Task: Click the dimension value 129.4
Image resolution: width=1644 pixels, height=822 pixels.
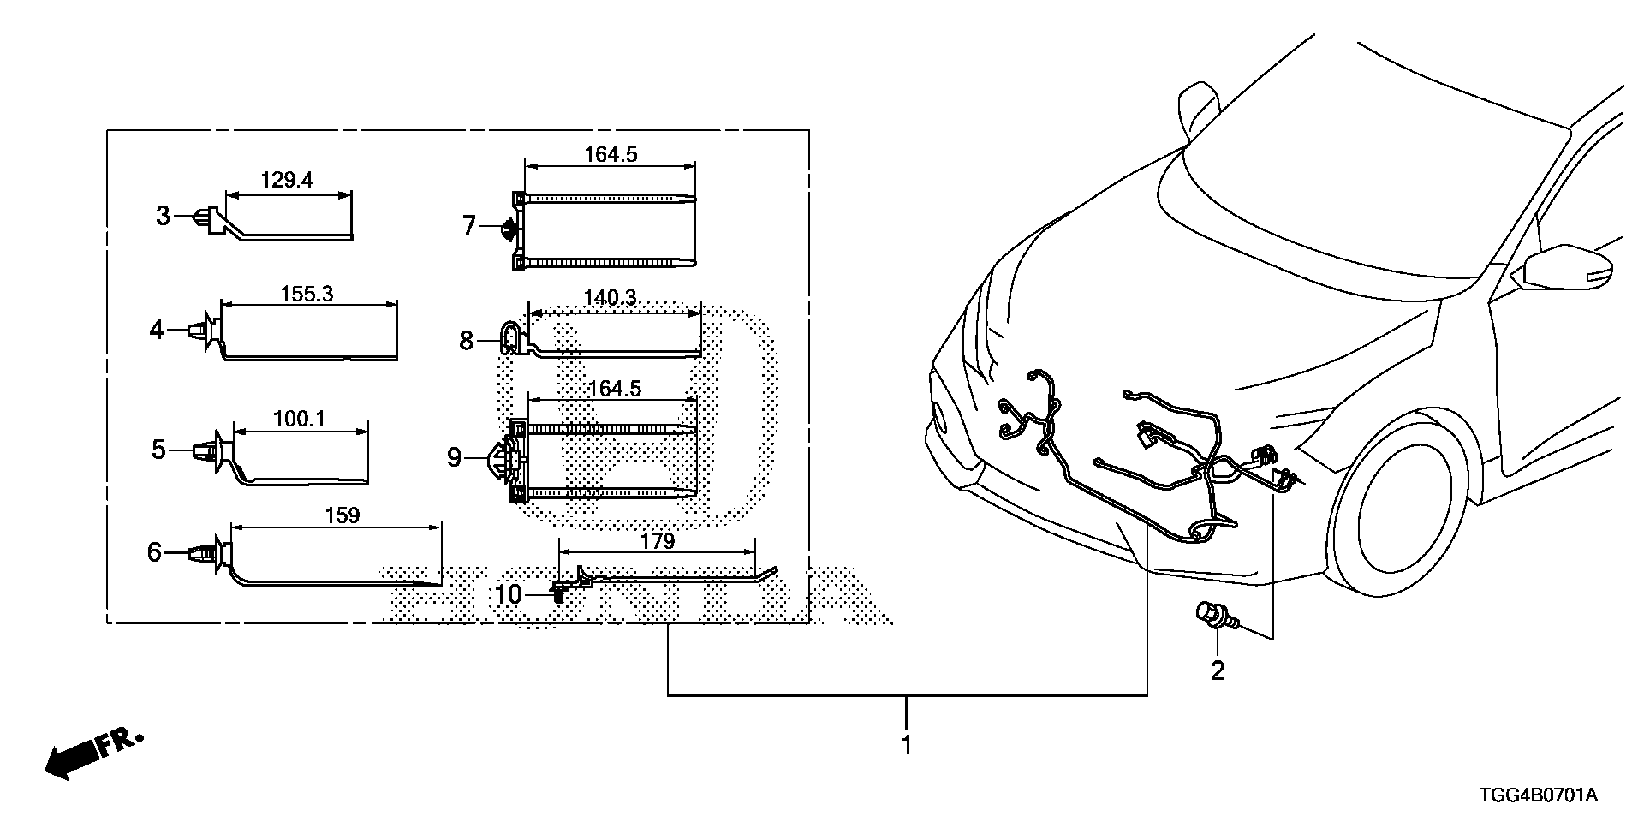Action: [287, 180]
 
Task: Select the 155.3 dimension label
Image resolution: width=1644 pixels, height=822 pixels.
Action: [307, 294]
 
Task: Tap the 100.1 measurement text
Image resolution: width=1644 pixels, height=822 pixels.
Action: [300, 419]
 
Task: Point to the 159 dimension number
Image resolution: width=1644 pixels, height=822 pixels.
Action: [342, 515]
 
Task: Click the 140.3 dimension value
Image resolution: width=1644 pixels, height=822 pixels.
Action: [610, 297]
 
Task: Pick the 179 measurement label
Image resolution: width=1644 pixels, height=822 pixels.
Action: [658, 541]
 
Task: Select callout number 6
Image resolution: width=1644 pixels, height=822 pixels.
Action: [154, 552]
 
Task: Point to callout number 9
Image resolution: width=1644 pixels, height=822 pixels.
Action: [454, 458]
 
